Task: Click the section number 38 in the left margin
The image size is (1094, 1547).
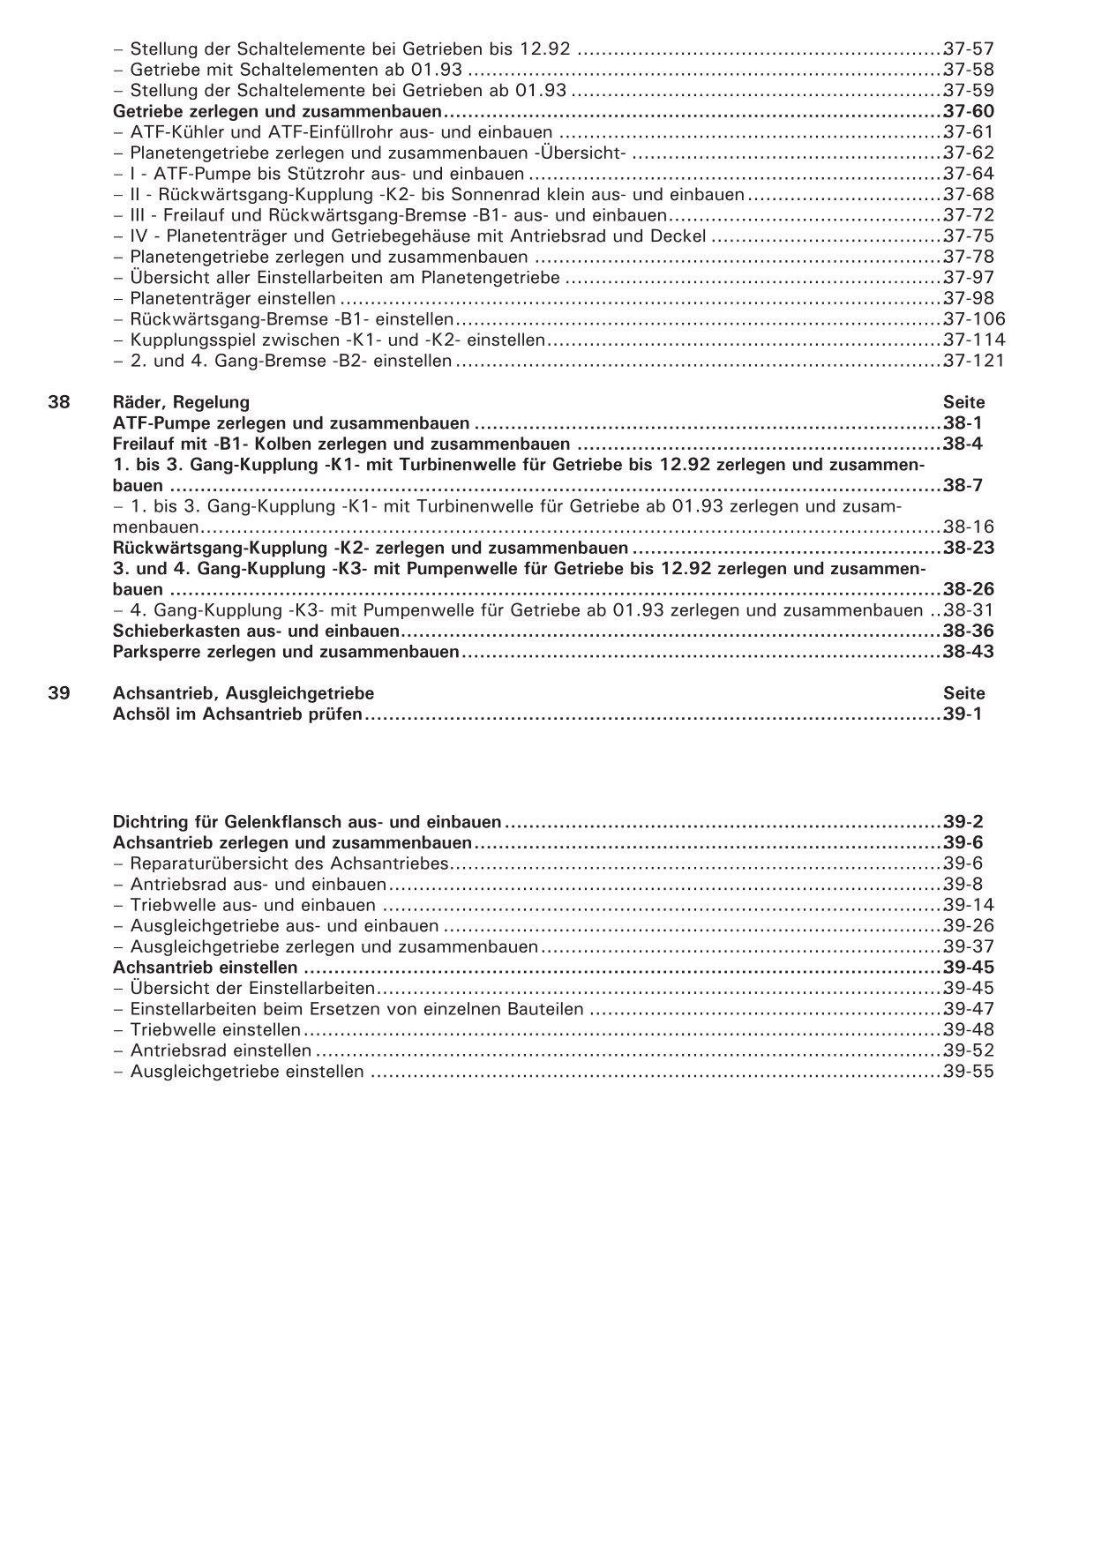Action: (58, 402)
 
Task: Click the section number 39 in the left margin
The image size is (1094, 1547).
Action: (58, 693)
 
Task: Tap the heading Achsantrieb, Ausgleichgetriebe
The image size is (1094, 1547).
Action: (244, 693)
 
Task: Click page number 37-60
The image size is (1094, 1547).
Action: (968, 111)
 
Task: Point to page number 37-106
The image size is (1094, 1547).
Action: (973, 319)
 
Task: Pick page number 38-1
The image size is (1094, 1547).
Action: (962, 423)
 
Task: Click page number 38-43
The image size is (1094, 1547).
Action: (968, 652)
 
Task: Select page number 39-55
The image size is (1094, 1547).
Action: (968, 1072)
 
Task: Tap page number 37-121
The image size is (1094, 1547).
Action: (973, 361)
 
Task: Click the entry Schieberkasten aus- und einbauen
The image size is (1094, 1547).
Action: (257, 632)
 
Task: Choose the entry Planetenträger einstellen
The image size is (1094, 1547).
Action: (232, 298)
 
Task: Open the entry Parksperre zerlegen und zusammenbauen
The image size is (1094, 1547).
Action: (287, 652)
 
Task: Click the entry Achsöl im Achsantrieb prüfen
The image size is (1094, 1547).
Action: (238, 714)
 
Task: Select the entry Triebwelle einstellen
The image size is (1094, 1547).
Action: (215, 1030)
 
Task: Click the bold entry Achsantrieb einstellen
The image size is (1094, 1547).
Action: (206, 968)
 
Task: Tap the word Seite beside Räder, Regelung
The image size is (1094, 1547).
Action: (963, 402)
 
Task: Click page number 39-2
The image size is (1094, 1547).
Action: (962, 822)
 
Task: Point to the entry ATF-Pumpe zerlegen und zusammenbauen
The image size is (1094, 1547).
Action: (291, 423)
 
